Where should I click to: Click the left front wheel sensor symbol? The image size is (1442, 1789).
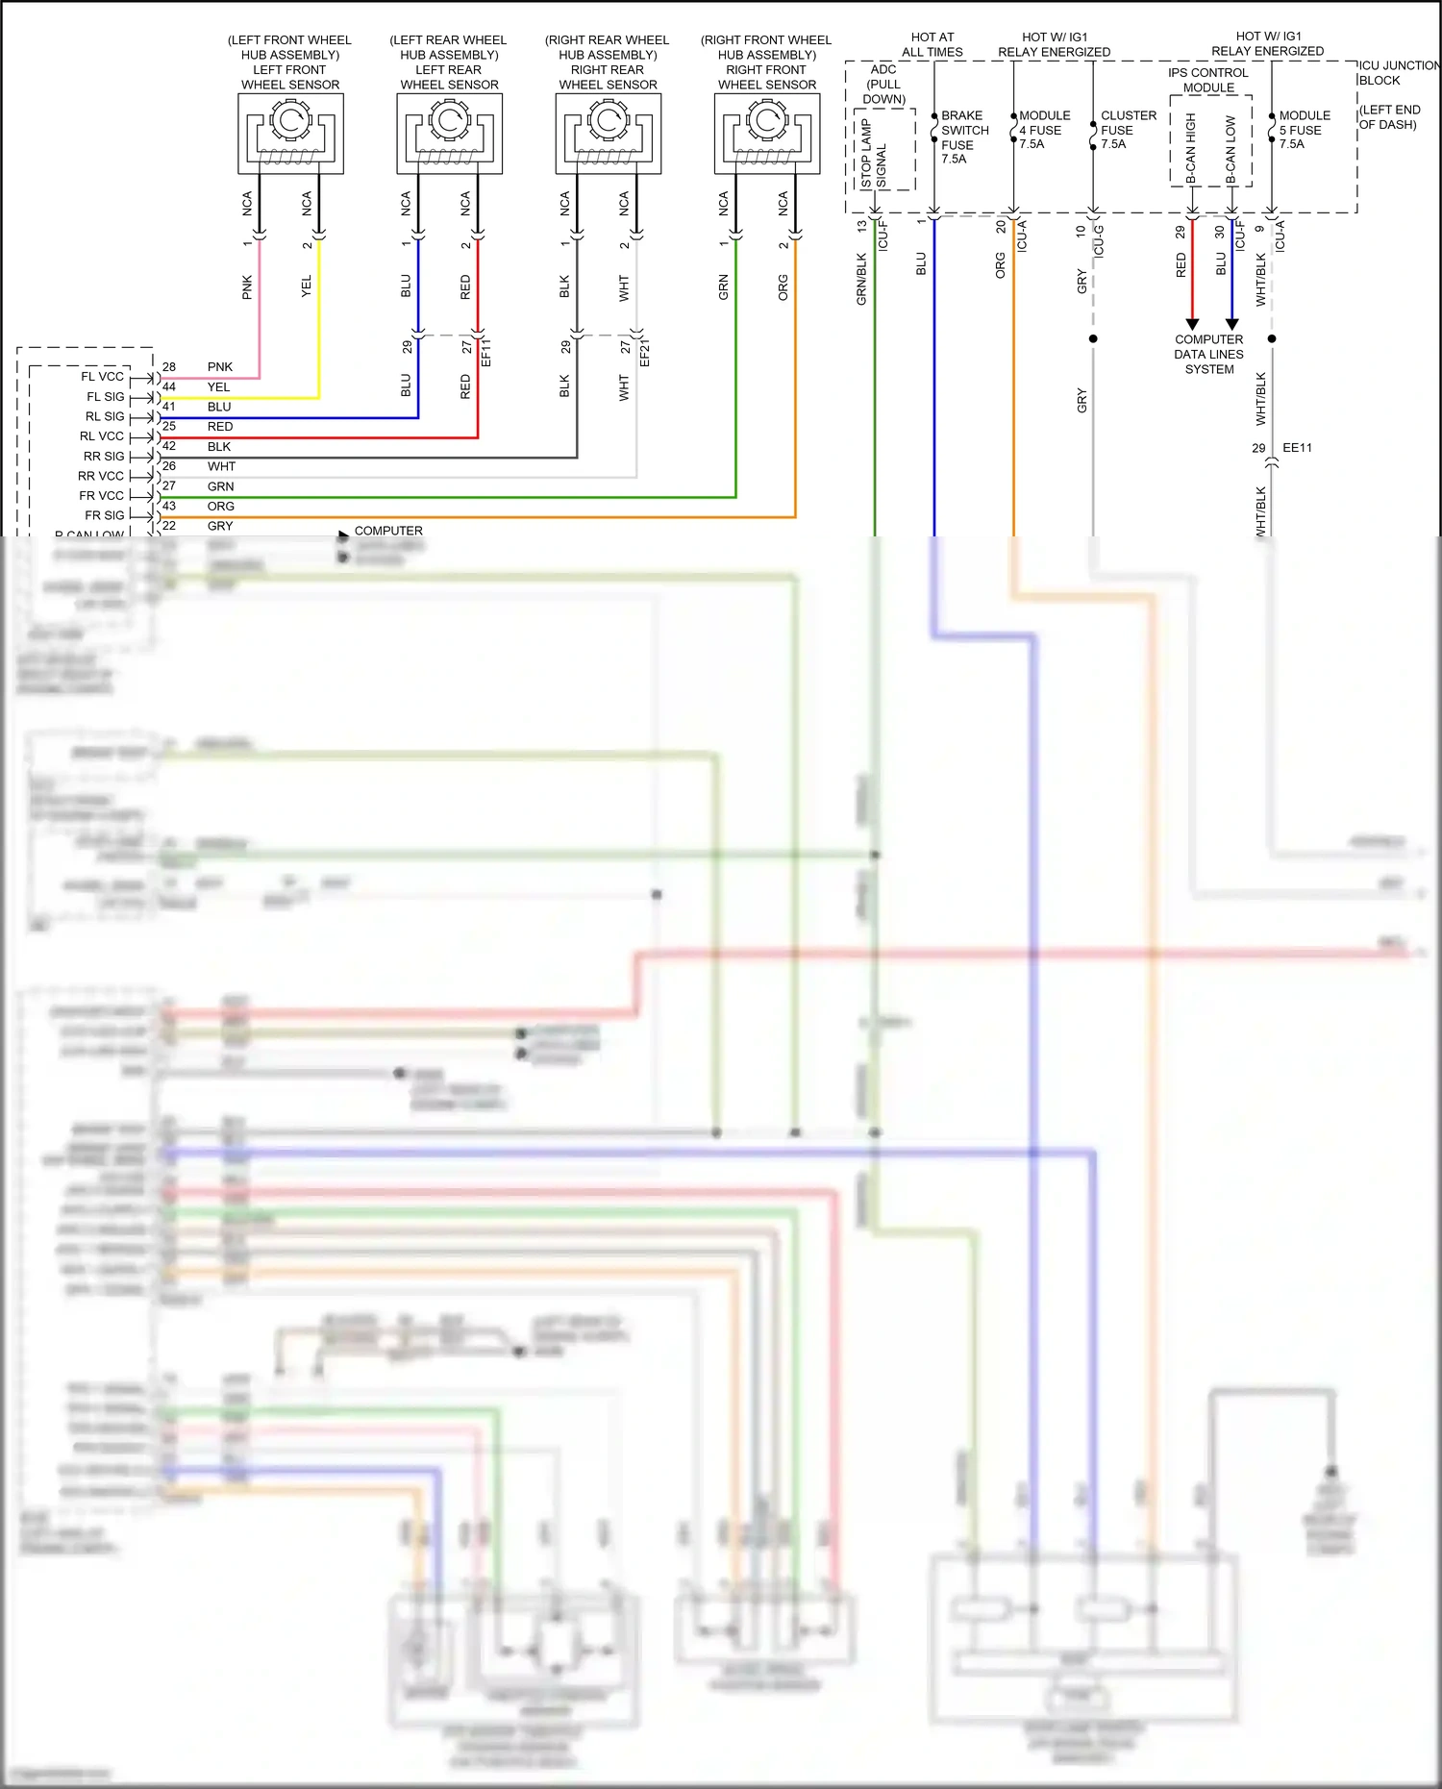290,133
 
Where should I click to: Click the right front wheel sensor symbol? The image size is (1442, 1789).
767,133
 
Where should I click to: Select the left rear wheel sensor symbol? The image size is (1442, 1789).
449,133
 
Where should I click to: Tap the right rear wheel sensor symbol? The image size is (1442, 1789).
609,133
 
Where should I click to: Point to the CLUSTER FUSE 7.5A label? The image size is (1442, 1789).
1127,129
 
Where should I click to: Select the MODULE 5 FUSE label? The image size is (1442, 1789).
1304,129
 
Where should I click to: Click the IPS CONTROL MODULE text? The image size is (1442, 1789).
1208,80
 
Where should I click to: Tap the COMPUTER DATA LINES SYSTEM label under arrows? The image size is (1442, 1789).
1208,354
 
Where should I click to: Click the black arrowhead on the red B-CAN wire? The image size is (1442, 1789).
1192,324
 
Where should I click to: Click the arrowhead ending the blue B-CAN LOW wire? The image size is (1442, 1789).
1231,324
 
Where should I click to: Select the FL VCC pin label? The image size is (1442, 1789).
102,377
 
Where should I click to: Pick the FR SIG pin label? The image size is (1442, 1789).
104,515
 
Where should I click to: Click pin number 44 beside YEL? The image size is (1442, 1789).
169,386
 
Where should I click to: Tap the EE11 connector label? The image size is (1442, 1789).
1297,448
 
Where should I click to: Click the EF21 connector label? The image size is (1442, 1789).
645,352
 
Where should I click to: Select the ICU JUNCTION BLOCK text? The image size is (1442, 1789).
1397,72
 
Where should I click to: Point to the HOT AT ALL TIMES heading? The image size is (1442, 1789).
932,44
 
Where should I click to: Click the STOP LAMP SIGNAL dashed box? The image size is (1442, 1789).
884,150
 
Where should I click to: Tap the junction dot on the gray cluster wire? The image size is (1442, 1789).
1093,338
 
